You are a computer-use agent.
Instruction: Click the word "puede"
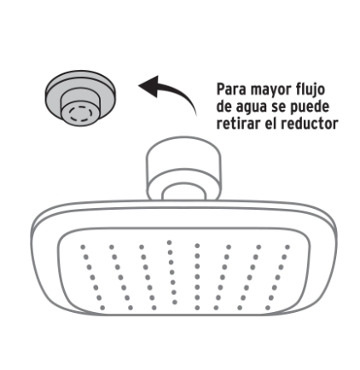310,107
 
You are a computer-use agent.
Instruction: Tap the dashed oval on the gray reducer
81,114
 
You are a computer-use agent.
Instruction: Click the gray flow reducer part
80,98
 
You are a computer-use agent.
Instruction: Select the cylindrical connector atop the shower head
183,168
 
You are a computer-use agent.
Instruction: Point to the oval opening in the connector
183,192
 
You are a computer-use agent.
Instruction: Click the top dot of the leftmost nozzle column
83,247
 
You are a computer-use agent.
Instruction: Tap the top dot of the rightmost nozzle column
287,247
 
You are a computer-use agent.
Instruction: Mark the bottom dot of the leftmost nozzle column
102,308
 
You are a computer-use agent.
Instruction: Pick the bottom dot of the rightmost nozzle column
268,308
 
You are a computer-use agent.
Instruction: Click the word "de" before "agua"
224,107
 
